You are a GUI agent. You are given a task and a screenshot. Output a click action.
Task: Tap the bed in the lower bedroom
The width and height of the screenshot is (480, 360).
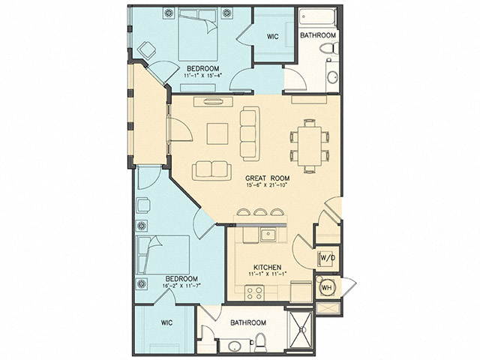coord(166,254)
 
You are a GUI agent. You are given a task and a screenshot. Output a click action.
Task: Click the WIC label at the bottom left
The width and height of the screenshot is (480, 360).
coord(166,323)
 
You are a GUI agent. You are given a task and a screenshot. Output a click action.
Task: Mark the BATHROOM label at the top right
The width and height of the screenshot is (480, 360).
coord(318,35)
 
